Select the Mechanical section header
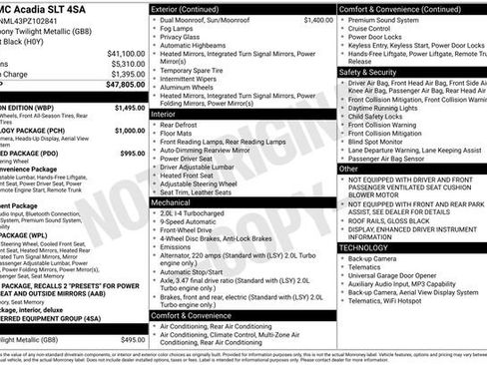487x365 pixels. pyautogui.click(x=172, y=200)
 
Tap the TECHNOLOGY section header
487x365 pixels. pyautogui.click(x=363, y=246)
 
